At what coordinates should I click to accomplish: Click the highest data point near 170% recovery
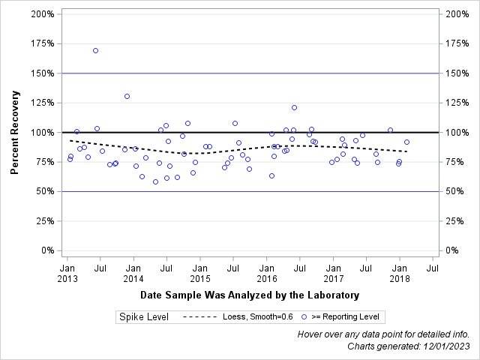click(x=95, y=50)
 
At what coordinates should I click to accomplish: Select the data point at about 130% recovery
click(x=127, y=96)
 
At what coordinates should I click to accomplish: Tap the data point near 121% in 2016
click(x=294, y=107)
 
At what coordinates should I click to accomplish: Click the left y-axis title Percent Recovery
click(x=14, y=133)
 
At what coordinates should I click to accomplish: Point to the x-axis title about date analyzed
click(x=250, y=295)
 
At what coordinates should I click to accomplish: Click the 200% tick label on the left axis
click(x=42, y=14)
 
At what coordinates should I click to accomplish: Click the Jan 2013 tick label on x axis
click(x=67, y=272)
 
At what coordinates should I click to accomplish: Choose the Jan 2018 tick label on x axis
click(x=400, y=272)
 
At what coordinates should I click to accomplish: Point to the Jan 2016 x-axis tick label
click(x=266, y=272)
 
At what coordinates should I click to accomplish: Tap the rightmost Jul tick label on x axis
click(x=433, y=267)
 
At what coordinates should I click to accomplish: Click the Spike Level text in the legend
click(x=144, y=317)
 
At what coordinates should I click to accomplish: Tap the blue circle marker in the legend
click(x=304, y=317)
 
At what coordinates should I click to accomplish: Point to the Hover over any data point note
click(x=383, y=334)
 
